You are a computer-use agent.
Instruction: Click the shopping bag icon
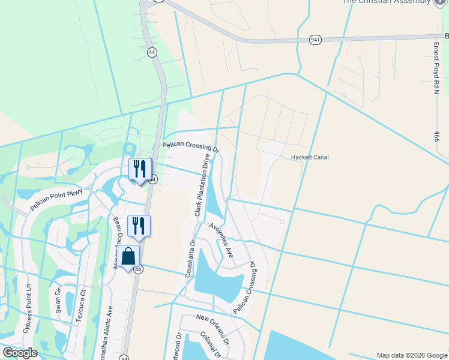[x=130, y=257]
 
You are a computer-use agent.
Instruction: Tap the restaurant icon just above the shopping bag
[x=139, y=226]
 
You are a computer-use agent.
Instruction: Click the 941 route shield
[x=315, y=40]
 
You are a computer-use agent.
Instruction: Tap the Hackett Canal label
[x=310, y=157]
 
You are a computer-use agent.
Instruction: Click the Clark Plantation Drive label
[x=202, y=185]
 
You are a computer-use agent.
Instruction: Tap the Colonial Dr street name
[x=212, y=344]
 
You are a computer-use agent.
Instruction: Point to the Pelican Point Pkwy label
[x=61, y=200]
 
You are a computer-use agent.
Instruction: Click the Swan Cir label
[x=58, y=299]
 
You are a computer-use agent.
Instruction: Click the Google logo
[x=20, y=353]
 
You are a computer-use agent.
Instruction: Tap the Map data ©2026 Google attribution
[x=411, y=355]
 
